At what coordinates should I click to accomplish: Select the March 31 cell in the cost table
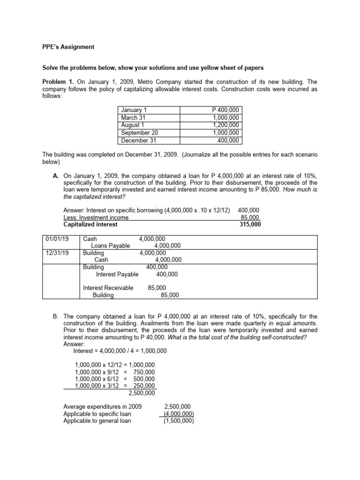[134, 118]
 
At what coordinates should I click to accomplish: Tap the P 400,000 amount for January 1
[225, 110]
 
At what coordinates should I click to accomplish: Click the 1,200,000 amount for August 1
[225, 125]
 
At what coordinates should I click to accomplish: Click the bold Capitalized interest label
[90, 225]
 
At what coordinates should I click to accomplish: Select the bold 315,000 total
[250, 225]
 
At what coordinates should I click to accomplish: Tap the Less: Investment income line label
[96, 217]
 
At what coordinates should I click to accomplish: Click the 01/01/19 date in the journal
[57, 239]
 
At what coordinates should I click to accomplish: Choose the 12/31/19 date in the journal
[57, 253]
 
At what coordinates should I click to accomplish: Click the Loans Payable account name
[110, 246]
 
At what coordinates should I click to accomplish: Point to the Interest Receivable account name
[108, 288]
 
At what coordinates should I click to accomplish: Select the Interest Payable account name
[117, 274]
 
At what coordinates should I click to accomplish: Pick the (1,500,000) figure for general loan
[179, 421]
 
